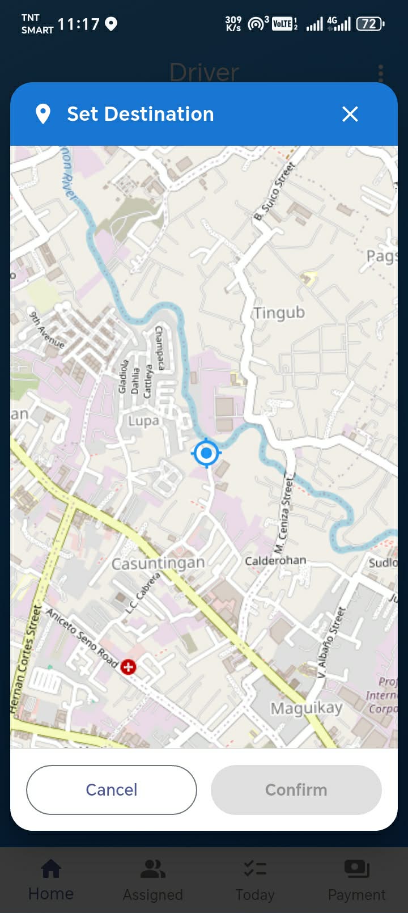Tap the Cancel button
coord(112,789)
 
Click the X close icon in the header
coord(350,114)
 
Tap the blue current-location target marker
coord(206,453)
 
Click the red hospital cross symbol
coord(128,667)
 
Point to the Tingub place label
coord(279,312)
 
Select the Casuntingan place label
coord(158,563)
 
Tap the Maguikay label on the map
coord(306,708)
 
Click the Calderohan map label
coord(275,560)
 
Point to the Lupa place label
coord(143,421)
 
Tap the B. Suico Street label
coord(274,191)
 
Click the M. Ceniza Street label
coord(283,515)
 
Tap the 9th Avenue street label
coord(46,329)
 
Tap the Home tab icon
coord(51,868)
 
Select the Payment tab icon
coord(356,868)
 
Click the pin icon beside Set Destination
coord(43,114)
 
